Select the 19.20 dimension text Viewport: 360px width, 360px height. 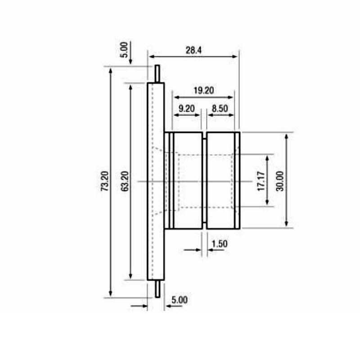click(x=203, y=90)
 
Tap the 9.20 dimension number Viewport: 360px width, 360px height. click(x=186, y=108)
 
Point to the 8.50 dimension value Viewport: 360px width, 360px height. click(x=220, y=108)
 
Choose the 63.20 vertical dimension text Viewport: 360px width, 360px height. click(x=125, y=181)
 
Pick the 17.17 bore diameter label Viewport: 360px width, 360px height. click(x=261, y=181)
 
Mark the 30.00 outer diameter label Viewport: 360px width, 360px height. click(x=280, y=181)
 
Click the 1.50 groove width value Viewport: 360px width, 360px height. click(x=219, y=244)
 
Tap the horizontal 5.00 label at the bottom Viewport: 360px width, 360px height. click(x=180, y=299)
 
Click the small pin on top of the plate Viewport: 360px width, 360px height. click(x=157, y=74)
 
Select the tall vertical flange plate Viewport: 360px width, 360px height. click(x=156, y=181)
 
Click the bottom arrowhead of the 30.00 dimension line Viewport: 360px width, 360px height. click(x=287, y=225)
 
